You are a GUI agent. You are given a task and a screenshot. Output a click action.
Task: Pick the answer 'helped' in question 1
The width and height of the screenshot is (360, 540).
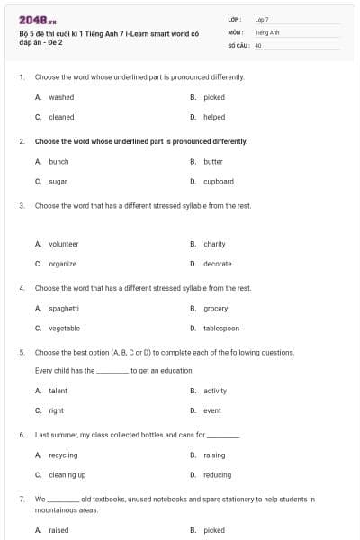(214, 117)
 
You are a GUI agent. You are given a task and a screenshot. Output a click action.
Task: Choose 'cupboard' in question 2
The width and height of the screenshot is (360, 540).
(219, 181)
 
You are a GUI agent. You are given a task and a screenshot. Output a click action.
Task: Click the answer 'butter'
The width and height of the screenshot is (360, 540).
(213, 162)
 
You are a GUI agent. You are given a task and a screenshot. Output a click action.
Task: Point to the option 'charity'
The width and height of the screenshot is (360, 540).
(214, 244)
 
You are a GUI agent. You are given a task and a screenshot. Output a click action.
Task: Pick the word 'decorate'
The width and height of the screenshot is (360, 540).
(218, 264)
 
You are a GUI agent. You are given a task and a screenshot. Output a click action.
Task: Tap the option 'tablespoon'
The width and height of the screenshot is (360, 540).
(221, 328)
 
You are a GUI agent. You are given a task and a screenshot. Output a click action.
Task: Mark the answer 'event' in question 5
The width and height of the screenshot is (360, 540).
(212, 410)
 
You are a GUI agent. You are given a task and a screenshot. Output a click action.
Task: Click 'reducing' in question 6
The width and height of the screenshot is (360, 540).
(217, 475)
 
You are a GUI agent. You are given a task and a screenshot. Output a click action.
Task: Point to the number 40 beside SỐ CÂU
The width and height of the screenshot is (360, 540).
(258, 44)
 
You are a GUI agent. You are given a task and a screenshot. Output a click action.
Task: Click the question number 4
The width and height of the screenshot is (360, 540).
(21, 288)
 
